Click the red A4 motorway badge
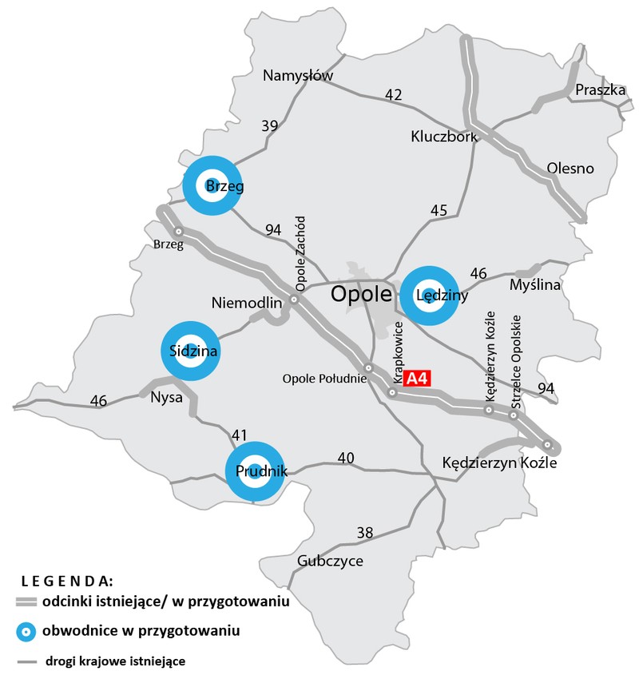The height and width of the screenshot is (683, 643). pos(415,379)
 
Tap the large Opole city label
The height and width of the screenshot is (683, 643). pos(362,295)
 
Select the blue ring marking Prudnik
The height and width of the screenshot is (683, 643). pos(255,471)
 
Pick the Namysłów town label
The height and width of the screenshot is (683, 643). pos(298,76)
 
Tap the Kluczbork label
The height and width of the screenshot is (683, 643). pos(444,136)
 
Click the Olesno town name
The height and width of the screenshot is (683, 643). pos(570,169)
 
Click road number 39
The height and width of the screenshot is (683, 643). pos(269,125)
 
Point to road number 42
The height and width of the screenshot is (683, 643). pos(393,95)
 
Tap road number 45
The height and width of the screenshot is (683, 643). pos(439,211)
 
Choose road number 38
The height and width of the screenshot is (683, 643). pos(364,533)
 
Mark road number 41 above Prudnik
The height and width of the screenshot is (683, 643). pos(239,435)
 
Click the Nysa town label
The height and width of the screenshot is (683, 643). pos(167,397)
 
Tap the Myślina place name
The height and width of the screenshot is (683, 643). pos(535,285)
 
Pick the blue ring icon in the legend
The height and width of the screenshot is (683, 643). pos(26,632)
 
